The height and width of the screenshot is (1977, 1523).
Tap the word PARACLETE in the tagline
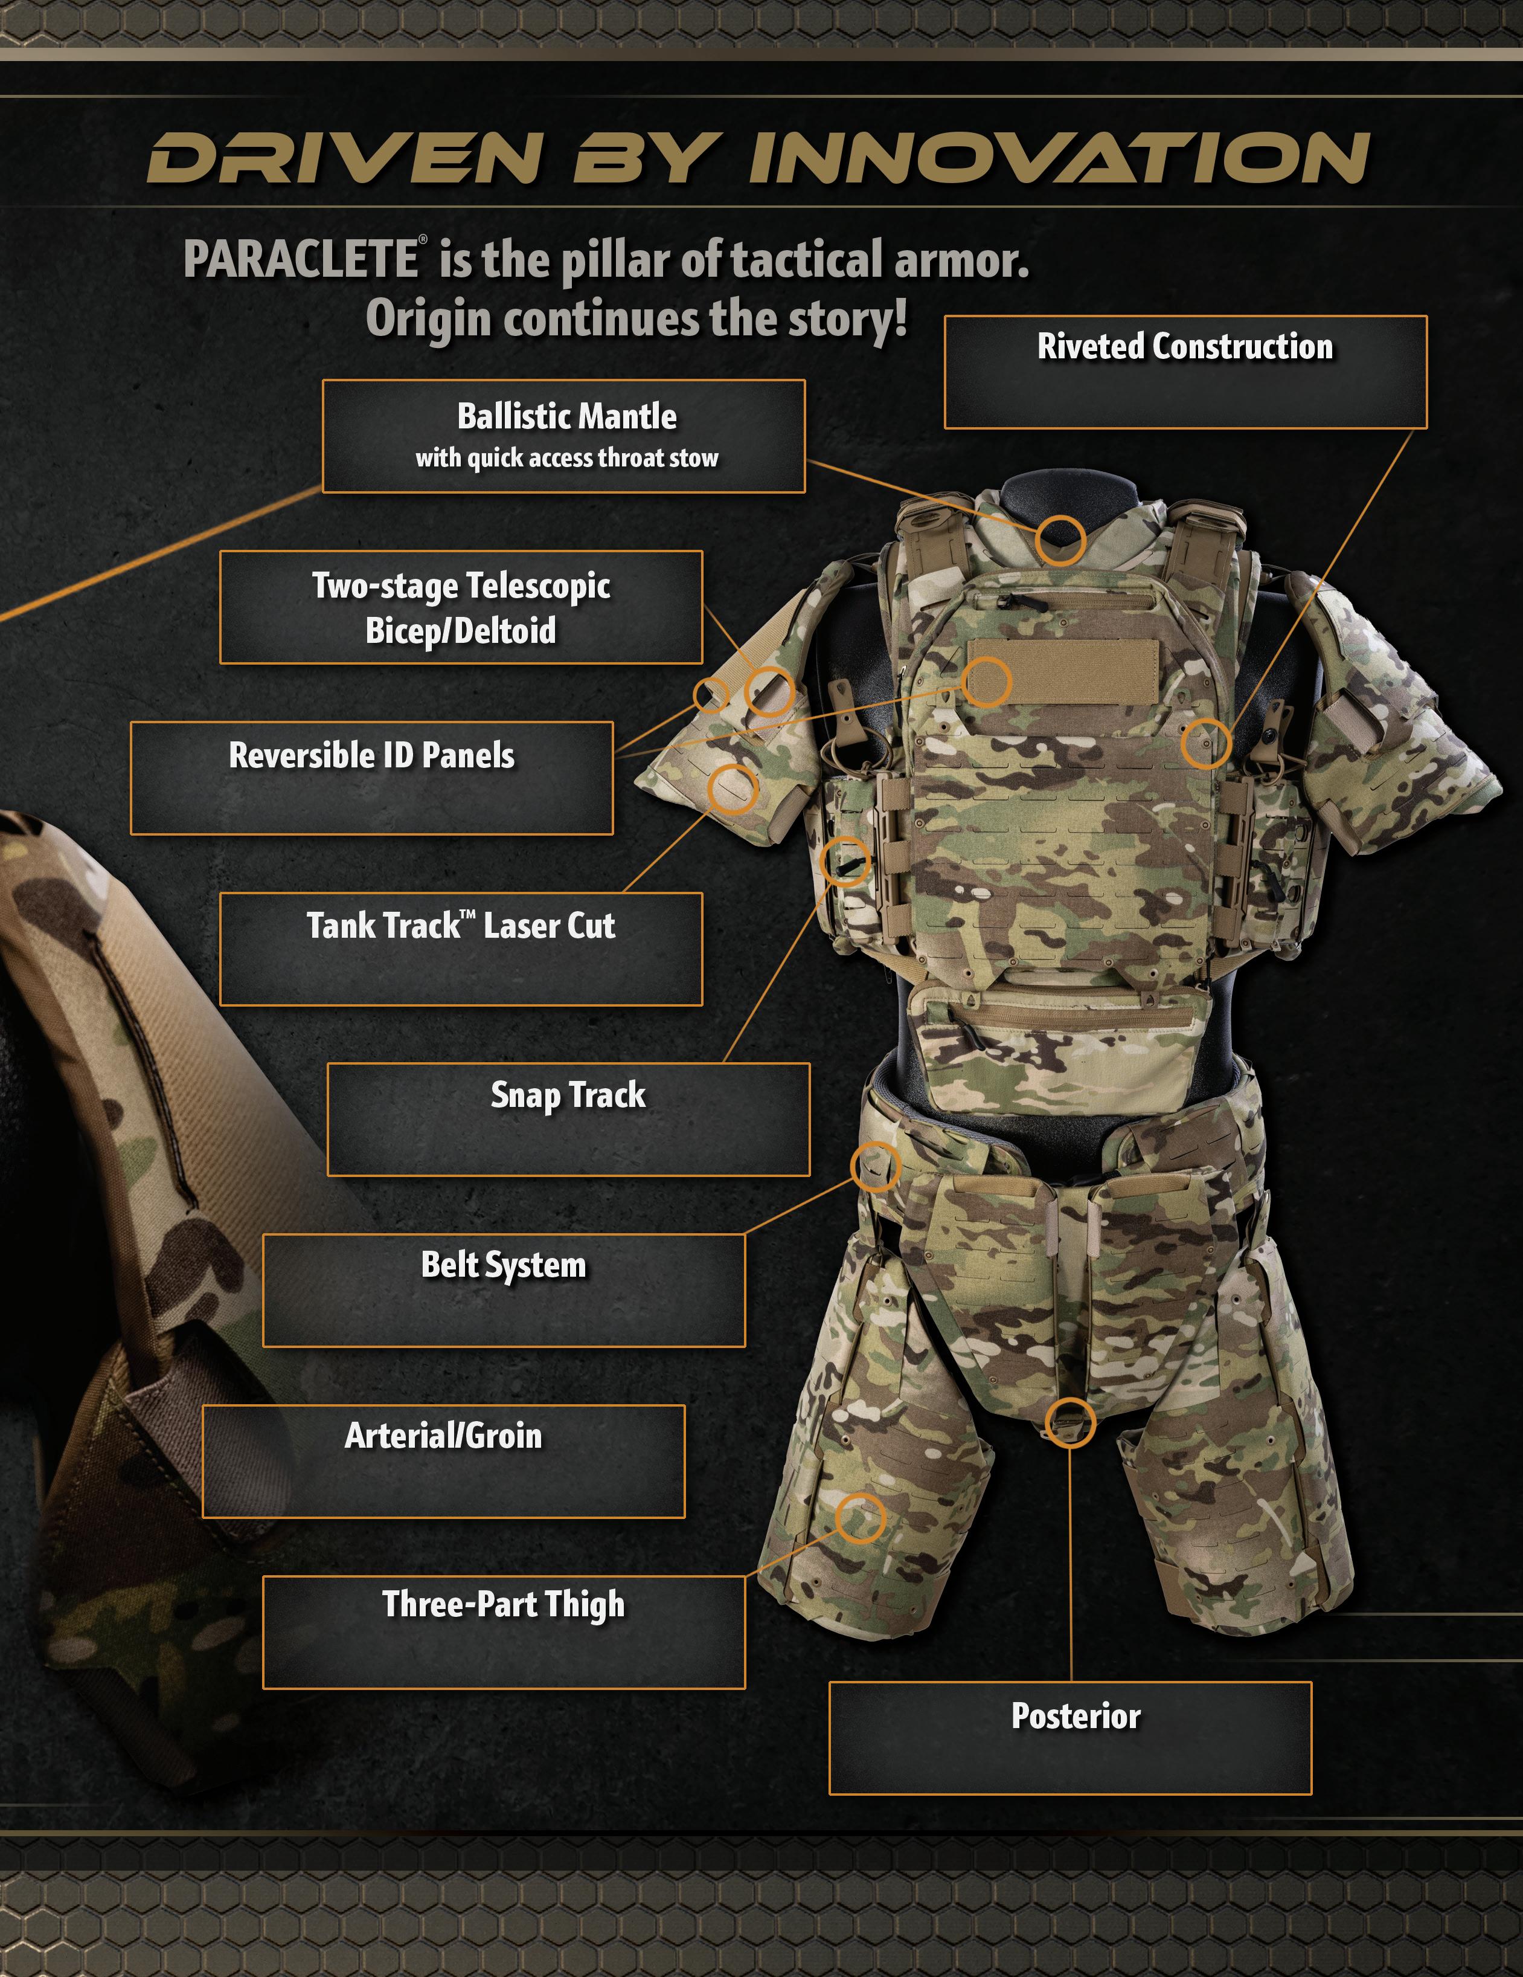(x=301, y=260)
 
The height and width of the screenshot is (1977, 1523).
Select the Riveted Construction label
(x=1185, y=347)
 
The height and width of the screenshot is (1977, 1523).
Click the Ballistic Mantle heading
(x=566, y=418)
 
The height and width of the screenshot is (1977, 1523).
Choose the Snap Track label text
(x=568, y=1095)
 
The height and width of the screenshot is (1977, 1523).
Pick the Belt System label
(x=503, y=1265)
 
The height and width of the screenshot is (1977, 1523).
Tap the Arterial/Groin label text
(x=443, y=1436)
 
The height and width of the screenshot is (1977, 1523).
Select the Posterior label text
(x=1075, y=1717)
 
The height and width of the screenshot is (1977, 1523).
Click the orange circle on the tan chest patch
(x=986, y=682)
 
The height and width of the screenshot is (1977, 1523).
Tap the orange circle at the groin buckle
(x=1069, y=1422)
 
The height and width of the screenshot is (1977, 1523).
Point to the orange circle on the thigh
(x=859, y=1518)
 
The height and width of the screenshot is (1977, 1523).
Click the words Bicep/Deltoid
(x=461, y=631)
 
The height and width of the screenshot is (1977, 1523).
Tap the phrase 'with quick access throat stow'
(x=566, y=458)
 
